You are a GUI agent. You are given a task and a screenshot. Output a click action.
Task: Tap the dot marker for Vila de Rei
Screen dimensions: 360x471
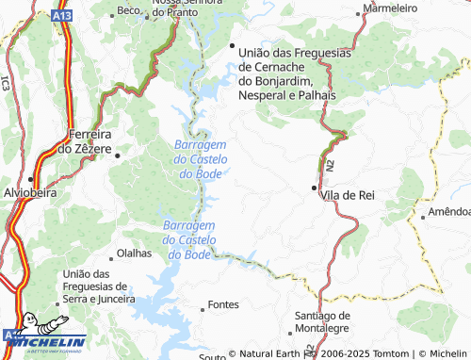[315, 188]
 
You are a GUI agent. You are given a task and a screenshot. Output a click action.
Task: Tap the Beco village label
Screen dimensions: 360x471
[127, 10]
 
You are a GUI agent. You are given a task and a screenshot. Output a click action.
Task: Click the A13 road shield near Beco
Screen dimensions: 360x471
[62, 15]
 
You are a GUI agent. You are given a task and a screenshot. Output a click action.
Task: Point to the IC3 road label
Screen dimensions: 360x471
[6, 81]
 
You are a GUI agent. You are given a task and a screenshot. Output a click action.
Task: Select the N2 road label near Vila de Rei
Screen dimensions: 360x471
[332, 166]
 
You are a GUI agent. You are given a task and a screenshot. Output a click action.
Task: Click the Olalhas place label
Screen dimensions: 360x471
[133, 254]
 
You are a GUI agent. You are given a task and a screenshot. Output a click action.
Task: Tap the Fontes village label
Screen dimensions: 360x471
[223, 305]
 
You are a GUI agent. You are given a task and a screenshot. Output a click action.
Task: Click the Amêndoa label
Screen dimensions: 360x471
[449, 212]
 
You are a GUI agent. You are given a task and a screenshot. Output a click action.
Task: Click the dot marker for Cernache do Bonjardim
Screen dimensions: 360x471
[232, 46]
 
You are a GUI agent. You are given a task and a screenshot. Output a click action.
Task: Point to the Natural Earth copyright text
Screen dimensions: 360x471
[267, 354]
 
